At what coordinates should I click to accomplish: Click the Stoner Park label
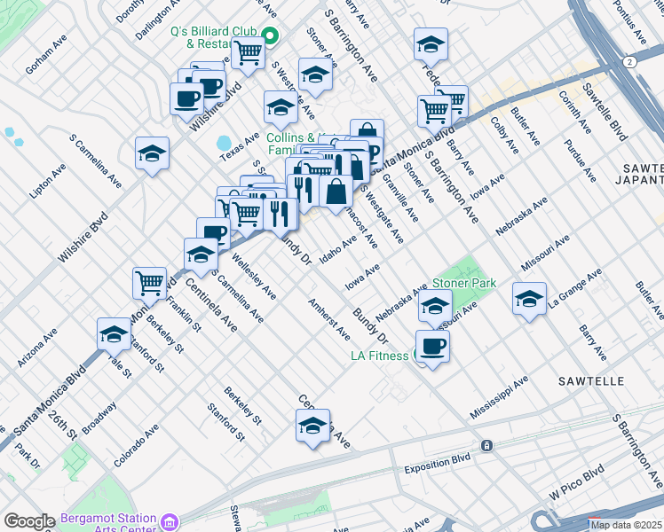click(463, 283)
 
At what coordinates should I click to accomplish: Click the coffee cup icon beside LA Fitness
click(432, 346)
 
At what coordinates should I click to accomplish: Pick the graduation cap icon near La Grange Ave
click(529, 299)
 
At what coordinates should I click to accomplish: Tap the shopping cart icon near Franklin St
click(149, 283)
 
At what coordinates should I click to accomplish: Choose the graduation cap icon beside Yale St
click(114, 333)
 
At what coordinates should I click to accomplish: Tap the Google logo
click(29, 521)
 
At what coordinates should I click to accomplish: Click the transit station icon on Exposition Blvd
click(486, 445)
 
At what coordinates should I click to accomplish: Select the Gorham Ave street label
click(47, 54)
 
